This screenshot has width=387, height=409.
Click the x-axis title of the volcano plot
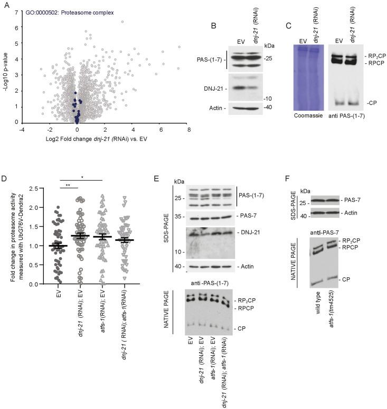100,140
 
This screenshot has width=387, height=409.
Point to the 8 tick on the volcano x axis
188,130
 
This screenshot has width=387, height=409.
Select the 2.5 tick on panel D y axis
20,188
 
